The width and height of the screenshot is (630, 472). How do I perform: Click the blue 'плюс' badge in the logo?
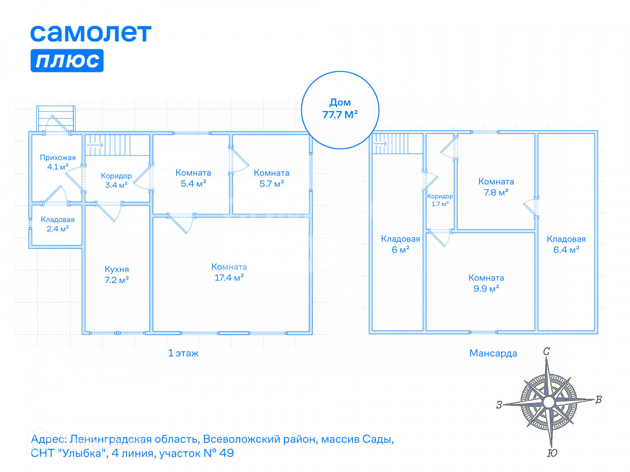coord(67,60)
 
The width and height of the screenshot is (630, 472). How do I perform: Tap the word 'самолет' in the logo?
coord(91,33)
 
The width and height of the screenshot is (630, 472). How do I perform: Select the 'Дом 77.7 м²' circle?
coord(340,109)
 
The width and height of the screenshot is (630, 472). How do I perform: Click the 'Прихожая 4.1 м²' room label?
coord(58,162)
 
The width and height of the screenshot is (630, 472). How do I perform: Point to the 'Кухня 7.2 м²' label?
coord(117,274)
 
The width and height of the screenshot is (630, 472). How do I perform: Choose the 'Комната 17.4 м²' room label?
coord(229,272)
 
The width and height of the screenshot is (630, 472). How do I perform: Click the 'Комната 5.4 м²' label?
coord(193,178)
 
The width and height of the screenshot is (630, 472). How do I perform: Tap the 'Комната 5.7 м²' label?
coord(272,178)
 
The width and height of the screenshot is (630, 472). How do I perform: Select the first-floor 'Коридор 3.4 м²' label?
coord(116,180)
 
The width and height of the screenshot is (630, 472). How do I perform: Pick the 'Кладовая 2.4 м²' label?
coord(58,224)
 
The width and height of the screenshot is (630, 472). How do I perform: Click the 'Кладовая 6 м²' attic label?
coord(400,244)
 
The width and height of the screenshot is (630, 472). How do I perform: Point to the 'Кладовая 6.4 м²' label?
coord(566,244)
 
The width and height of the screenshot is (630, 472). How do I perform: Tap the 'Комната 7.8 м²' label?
coord(496,187)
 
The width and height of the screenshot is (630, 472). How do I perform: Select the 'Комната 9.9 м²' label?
coord(486,283)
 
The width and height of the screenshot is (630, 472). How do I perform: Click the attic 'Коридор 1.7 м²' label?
coord(440,200)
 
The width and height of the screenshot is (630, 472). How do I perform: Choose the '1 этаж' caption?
coord(183,353)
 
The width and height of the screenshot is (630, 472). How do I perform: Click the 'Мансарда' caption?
coord(493,353)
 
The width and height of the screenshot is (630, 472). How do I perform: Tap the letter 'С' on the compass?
coord(546,351)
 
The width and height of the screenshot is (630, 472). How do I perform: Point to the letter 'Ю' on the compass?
coord(552,453)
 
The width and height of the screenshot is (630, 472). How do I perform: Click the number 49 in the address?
coord(227,453)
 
